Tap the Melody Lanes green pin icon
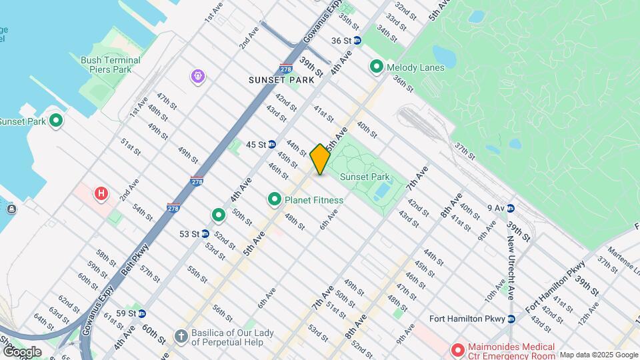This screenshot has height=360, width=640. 376,67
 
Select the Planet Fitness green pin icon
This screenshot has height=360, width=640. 274,199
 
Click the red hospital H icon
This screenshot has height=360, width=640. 101,194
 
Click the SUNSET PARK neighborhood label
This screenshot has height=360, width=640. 276,80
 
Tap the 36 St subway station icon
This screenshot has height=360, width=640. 357,41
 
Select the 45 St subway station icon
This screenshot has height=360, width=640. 272,144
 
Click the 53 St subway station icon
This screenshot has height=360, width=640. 205,234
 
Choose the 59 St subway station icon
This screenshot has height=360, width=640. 141,313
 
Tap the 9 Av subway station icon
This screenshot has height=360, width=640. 511,208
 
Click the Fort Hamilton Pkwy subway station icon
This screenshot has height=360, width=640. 511,318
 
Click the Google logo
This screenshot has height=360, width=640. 21,351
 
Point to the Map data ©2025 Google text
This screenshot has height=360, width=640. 599,355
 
